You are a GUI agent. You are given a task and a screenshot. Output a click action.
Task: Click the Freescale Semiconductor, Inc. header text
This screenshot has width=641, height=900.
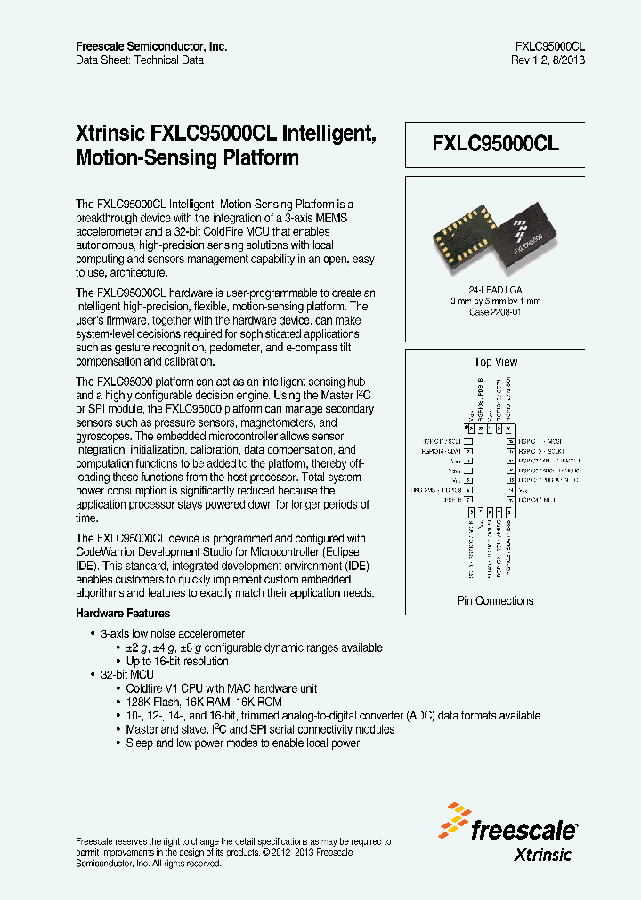[151, 46]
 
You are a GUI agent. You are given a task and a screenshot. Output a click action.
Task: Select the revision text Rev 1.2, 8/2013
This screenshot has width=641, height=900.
[548, 60]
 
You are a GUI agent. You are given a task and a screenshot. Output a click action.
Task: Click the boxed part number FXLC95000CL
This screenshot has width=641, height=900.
[495, 145]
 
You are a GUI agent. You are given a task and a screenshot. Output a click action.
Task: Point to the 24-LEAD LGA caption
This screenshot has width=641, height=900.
[495, 289]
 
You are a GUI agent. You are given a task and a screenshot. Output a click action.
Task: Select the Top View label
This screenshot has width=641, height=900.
[495, 362]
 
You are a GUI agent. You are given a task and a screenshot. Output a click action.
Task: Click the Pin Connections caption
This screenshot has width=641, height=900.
[495, 601]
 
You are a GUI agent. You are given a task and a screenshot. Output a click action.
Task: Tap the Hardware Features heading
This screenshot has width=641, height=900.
[123, 614]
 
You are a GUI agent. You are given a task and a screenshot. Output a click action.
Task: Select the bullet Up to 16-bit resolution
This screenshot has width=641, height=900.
[177, 662]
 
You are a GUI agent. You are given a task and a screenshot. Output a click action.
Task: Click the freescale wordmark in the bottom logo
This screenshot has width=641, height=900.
[523, 832]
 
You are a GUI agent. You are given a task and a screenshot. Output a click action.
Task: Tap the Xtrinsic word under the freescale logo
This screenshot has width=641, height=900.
[543, 855]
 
